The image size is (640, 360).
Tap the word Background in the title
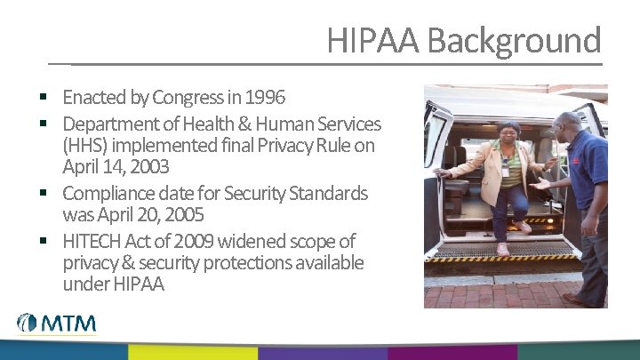tap(513, 41)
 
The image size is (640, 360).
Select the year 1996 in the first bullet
tap(265, 96)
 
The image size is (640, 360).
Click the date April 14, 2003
tap(116, 166)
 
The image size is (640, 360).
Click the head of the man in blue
tap(566, 125)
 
